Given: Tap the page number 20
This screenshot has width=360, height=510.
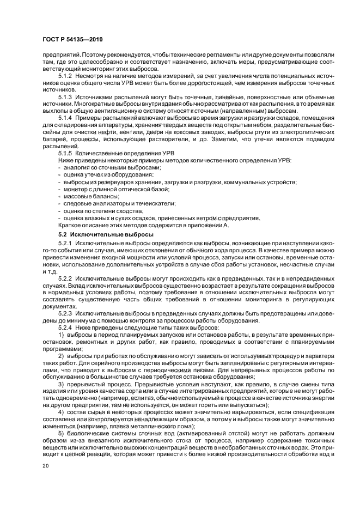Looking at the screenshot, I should tap(45, 467).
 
